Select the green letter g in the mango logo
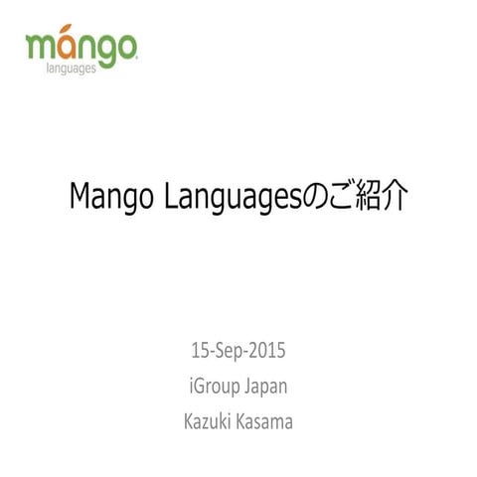pos(107,53)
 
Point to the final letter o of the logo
pos(126,49)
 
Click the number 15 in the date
pos(199,351)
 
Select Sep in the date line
pos(231,351)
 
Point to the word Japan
pos(267,387)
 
